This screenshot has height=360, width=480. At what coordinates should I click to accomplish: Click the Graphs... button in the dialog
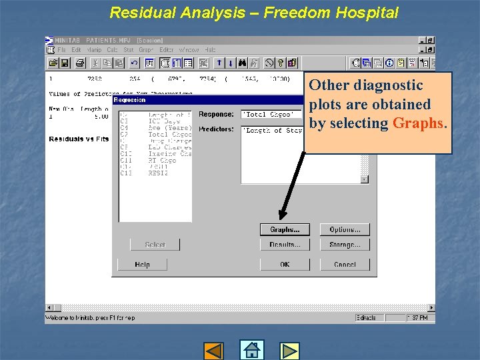click(285, 229)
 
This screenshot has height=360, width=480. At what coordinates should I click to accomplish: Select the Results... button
click(285, 245)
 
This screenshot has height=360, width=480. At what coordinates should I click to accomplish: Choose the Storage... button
click(345, 245)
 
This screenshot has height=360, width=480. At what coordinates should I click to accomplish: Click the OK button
click(285, 264)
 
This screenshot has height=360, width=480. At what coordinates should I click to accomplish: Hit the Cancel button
click(345, 264)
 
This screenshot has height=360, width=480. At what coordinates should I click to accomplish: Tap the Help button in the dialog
click(142, 264)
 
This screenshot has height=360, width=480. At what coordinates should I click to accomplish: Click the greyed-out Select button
click(155, 245)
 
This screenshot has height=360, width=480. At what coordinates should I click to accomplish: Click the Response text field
click(270, 115)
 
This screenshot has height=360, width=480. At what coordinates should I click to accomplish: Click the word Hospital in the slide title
click(368, 13)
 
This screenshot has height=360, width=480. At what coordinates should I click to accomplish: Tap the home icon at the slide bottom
click(251, 350)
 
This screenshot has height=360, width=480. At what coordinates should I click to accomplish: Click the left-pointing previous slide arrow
click(213, 351)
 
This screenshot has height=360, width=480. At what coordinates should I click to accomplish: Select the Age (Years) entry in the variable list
click(169, 128)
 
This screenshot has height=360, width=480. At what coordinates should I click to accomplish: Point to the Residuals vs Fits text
click(79, 139)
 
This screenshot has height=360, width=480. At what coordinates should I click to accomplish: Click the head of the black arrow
click(281, 217)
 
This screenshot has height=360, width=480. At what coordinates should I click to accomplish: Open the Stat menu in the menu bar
click(128, 50)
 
